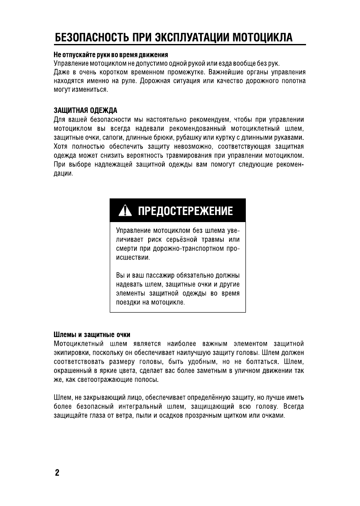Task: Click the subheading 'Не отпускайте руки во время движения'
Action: (111, 55)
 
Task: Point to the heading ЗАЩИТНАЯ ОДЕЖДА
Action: (86, 110)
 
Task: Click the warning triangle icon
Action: (125, 211)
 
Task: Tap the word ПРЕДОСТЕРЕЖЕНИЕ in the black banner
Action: (185, 211)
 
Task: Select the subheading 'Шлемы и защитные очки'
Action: (92, 334)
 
